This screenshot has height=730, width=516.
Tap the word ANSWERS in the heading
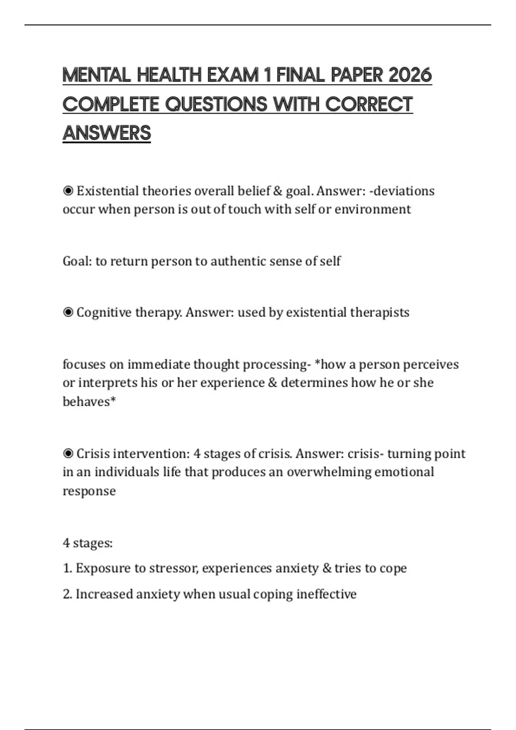tap(107, 133)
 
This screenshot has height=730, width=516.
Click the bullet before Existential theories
tap(68, 191)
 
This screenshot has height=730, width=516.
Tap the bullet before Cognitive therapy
tap(68, 313)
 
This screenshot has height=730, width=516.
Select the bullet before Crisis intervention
tap(68, 454)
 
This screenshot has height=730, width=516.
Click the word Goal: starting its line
tap(77, 261)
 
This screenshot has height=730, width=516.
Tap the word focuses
tap(84, 365)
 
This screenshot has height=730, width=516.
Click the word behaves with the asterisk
tap(89, 401)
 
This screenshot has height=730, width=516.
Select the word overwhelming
tap(329, 472)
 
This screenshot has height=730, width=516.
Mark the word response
tap(89, 491)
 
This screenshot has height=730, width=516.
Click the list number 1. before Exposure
tap(67, 569)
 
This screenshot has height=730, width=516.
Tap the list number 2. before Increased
tap(67, 594)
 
